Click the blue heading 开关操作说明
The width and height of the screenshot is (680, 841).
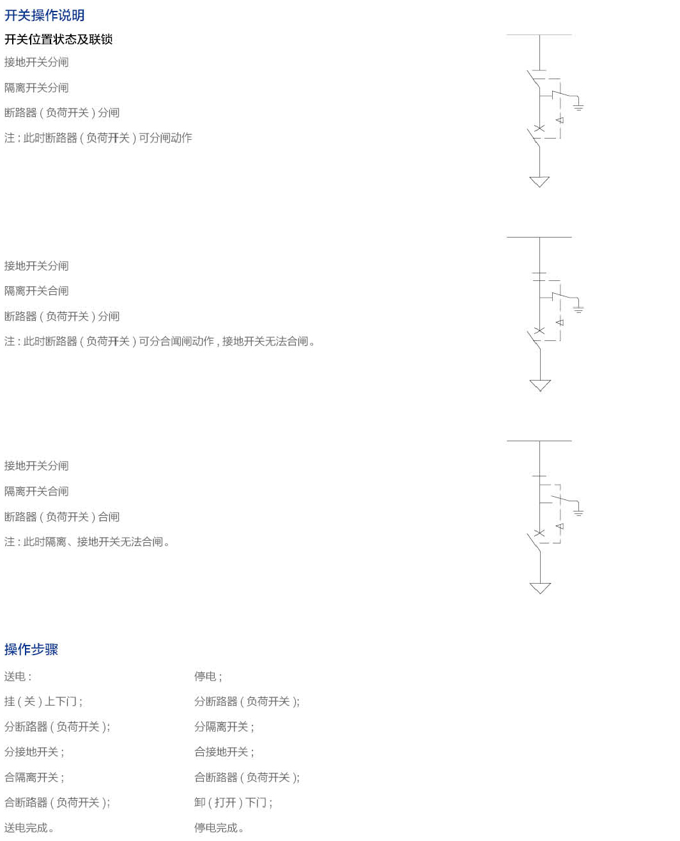(x=44, y=15)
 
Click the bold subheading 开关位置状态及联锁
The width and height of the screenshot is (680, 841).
(x=58, y=40)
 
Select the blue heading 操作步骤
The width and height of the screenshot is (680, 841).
(x=31, y=649)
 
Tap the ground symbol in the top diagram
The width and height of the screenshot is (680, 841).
(x=578, y=106)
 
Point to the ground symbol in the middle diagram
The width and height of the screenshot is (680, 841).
(x=578, y=309)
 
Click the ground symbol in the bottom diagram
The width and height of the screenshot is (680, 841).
(x=578, y=511)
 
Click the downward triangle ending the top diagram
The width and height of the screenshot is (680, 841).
(x=539, y=182)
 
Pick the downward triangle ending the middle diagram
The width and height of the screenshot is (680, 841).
(x=540, y=385)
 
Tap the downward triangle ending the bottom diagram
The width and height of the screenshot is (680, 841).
(x=540, y=587)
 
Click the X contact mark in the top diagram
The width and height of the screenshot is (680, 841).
(x=539, y=128)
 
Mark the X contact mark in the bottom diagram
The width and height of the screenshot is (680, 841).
(x=539, y=533)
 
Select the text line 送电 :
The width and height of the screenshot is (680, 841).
(x=18, y=677)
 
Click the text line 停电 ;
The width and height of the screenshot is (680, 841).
(x=208, y=677)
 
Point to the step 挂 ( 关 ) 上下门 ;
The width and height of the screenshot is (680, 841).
(x=43, y=702)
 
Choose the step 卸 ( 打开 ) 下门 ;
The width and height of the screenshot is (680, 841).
(x=233, y=803)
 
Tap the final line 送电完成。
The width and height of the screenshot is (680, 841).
(x=29, y=828)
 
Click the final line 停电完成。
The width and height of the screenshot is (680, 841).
(x=219, y=828)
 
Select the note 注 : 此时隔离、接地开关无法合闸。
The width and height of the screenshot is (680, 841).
(x=87, y=542)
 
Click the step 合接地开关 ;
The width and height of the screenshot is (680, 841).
(x=224, y=752)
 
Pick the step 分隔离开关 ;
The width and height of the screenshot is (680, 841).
(x=224, y=727)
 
